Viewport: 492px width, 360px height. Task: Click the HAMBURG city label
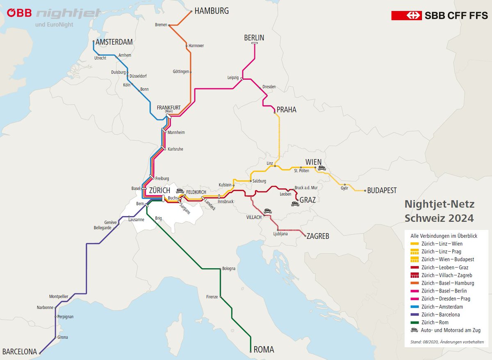[211, 11]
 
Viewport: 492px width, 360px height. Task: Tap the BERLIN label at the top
[254, 38]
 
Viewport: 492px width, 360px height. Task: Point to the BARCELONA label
[20, 351]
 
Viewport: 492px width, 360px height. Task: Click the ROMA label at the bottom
[264, 350]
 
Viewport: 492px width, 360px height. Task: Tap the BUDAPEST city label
[382, 191]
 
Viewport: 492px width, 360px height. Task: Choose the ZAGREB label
[318, 236]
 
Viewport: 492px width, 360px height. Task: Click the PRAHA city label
[286, 110]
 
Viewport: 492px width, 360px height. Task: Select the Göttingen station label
[180, 72]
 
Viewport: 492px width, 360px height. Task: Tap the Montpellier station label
[59, 296]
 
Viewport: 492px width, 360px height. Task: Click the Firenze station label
[212, 297]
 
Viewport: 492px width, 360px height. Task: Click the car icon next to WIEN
[322, 168]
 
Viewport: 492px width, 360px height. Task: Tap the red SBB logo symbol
[406, 16]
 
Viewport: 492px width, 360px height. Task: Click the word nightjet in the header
[68, 13]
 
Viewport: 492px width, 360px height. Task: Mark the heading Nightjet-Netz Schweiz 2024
[439, 211]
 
